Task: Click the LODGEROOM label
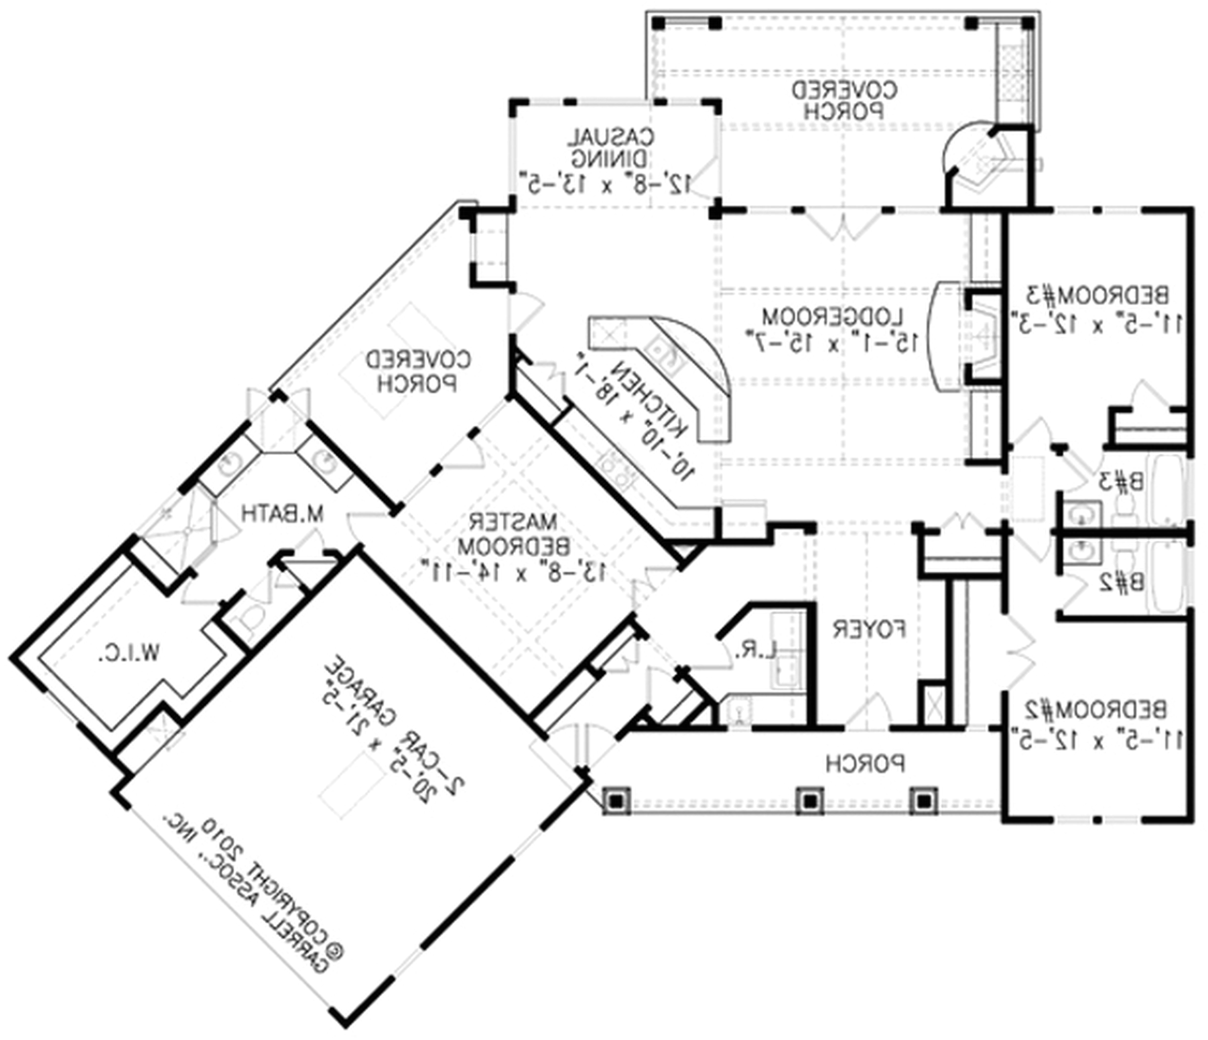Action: (x=834, y=317)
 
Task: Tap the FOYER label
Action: (x=869, y=629)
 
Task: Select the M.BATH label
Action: (x=283, y=514)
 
